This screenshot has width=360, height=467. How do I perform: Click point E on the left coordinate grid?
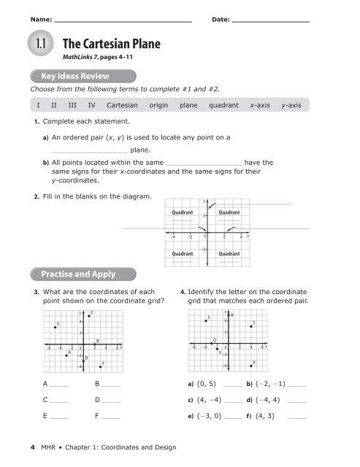pos(55,328)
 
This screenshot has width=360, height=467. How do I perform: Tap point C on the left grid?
pos(89,316)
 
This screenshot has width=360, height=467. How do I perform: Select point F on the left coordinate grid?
pos(100,366)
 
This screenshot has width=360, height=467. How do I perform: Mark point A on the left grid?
pos(66,355)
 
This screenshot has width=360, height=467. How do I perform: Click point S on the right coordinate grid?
pos(207,321)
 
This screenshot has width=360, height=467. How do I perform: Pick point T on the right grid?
pos(251,326)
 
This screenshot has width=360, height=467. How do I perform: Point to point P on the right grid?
pos(250,366)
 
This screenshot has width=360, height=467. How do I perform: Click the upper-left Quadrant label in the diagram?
pos(182,212)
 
